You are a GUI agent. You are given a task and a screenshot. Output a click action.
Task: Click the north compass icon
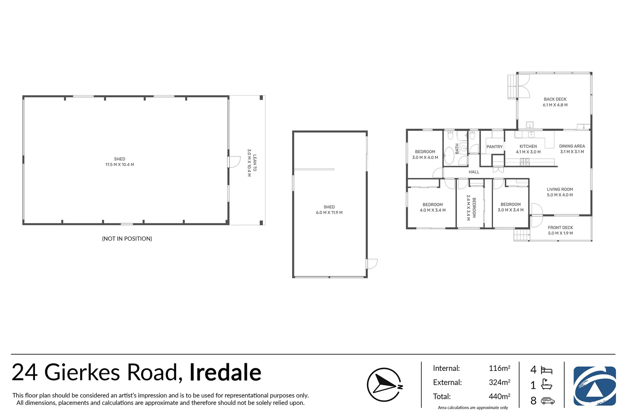[384, 384]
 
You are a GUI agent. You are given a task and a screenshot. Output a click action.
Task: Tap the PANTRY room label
[494, 147]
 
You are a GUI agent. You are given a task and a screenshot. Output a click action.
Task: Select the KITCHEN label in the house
[528, 146]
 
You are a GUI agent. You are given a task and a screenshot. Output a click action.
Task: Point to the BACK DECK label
[555, 99]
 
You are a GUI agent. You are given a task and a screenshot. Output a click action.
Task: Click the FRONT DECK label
[560, 228]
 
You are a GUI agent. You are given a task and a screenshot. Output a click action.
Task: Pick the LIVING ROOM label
[560, 189]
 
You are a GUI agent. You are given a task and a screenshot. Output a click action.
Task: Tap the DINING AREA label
[572, 146]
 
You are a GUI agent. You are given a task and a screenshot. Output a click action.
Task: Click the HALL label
[474, 172]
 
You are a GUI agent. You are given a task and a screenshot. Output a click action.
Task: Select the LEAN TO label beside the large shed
[255, 163]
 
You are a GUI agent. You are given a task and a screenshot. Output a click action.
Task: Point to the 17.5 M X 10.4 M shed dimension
[120, 165]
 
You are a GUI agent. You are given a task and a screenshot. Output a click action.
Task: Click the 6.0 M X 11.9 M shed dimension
[329, 213]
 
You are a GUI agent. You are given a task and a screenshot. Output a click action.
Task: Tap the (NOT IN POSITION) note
[127, 239]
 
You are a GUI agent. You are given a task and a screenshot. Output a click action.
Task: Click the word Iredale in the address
[225, 372]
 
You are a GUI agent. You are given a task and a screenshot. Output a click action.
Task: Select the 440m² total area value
[499, 396]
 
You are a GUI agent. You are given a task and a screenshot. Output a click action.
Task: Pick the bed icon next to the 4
[546, 370]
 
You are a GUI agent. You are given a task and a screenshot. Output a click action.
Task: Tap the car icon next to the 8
[547, 401]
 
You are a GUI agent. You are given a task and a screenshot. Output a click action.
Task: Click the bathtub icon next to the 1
[546, 384]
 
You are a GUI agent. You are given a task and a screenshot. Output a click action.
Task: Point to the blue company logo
[594, 386]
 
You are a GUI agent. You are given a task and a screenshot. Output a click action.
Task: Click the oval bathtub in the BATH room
[449, 156]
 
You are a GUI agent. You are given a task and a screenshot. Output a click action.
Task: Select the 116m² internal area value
[499, 368]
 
